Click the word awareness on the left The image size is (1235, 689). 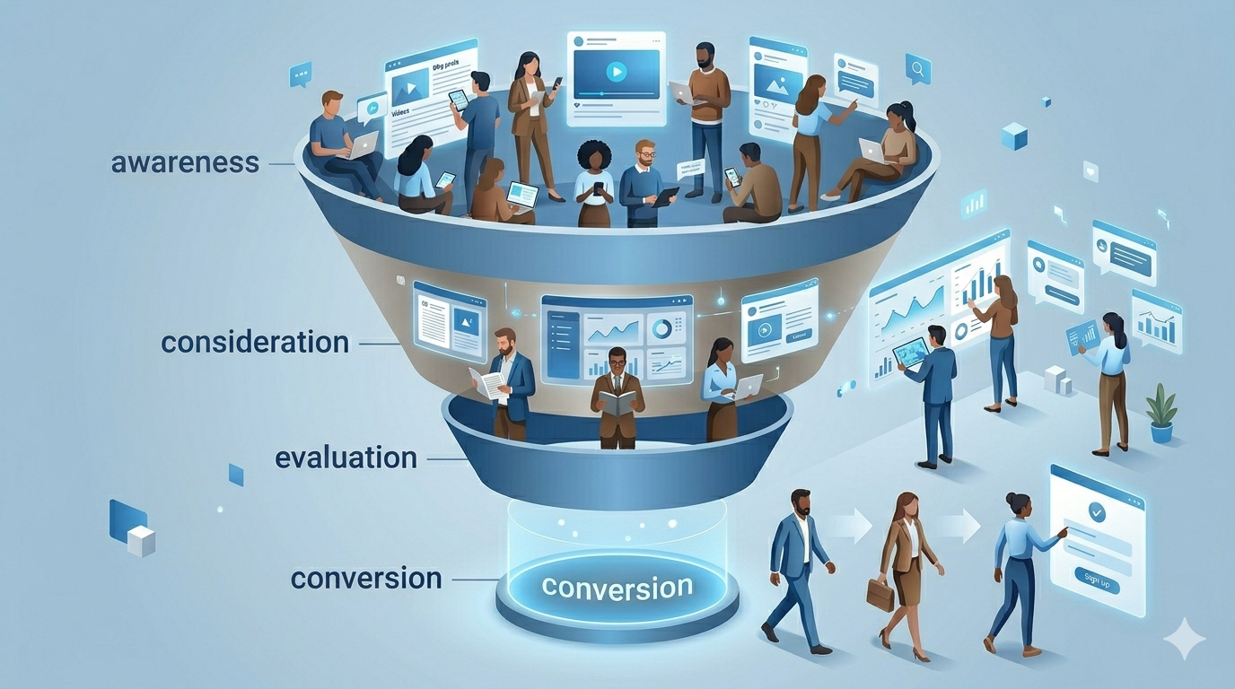pos(185,163)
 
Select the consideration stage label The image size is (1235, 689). pos(255,342)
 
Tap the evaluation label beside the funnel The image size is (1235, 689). pos(346,457)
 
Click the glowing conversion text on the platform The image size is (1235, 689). pos(617,588)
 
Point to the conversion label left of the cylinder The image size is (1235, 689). pos(366,578)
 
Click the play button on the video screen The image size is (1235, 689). pos(616,71)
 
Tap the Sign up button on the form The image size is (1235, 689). pos(1096,584)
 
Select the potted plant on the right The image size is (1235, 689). pos(1161,413)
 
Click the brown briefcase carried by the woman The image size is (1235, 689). pos(880,594)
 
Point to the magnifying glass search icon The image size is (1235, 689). pos(918,67)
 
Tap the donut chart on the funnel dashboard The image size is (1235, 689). pos(662,328)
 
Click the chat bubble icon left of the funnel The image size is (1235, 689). pos(300,74)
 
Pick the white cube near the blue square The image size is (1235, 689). pos(141,541)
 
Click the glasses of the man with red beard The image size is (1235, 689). pos(645,154)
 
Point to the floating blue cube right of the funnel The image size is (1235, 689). pos(1013,136)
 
